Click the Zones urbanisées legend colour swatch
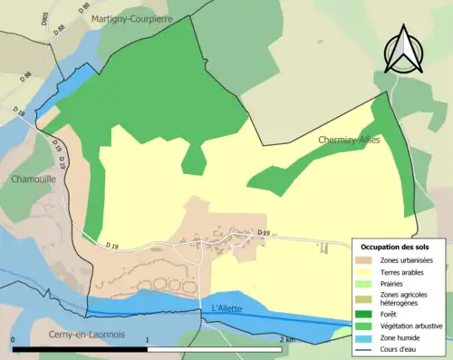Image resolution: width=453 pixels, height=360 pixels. point(364,260)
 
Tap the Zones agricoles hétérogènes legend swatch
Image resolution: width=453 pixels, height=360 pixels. point(364,299)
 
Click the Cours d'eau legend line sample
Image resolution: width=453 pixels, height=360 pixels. point(364,350)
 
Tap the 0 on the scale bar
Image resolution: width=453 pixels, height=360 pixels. point(14,340)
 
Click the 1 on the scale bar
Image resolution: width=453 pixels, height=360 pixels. point(148,340)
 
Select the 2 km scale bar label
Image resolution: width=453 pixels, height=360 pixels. point(287,340)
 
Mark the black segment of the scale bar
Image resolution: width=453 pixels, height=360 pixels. point(81,348)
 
